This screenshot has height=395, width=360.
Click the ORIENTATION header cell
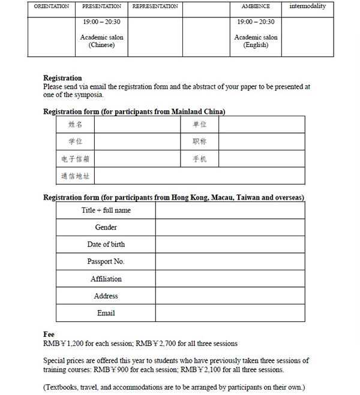[52, 7]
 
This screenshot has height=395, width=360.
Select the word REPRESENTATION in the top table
[155, 7]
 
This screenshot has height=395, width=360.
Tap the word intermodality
[307, 7]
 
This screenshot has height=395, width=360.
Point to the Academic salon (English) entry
[256, 41]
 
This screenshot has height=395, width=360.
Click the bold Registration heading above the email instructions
[62, 78]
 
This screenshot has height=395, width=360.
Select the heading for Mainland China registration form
[134, 111]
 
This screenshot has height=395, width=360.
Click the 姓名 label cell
[76, 125]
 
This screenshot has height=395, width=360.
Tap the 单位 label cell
[199, 125]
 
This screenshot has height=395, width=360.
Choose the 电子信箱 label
[76, 159]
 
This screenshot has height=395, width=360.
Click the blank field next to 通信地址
[199, 176]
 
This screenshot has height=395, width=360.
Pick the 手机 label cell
[199, 159]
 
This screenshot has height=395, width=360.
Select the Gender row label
[106, 228]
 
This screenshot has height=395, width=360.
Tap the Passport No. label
[106, 262]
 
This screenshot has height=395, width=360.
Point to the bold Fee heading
[49, 334]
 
